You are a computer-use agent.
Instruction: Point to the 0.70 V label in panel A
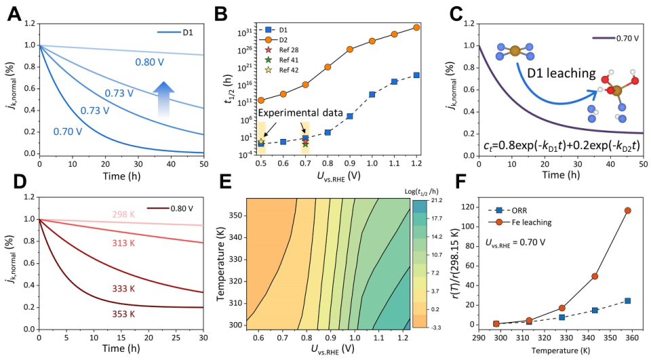coord(69,129)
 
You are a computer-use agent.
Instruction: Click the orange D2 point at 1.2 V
coord(416,27)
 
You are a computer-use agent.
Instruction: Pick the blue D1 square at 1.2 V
coord(416,75)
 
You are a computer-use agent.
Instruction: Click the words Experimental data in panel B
coord(304,113)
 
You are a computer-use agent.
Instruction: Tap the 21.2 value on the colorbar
coord(437,201)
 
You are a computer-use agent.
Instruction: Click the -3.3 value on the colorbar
coord(437,327)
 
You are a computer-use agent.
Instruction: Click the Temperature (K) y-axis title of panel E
coord(221,264)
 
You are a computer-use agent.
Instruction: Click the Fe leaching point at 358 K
coord(627,211)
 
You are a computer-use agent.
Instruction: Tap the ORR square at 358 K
coord(627,300)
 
